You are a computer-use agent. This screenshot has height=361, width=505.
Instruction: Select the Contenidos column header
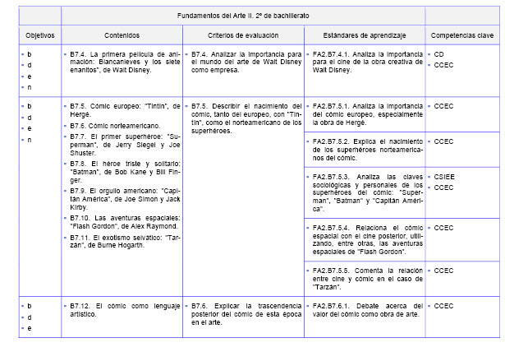point(122,36)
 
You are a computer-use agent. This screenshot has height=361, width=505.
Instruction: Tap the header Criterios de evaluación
point(242,36)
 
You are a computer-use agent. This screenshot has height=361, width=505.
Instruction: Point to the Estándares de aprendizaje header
point(363,36)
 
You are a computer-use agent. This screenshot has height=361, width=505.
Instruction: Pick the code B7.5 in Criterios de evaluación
point(200,106)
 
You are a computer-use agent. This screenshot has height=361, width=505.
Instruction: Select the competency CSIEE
point(444,177)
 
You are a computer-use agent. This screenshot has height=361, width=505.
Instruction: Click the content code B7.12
point(81,306)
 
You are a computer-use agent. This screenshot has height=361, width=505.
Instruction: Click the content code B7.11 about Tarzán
point(81,236)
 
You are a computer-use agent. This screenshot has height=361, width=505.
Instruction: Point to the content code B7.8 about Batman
point(79,164)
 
